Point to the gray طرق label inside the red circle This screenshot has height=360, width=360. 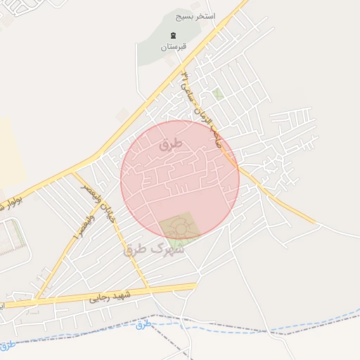[171, 144]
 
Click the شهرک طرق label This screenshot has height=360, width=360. [153, 249]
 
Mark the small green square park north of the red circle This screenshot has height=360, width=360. [219, 94]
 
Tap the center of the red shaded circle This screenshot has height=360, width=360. [180, 179]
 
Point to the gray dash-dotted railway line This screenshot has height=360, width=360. [232, 325]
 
